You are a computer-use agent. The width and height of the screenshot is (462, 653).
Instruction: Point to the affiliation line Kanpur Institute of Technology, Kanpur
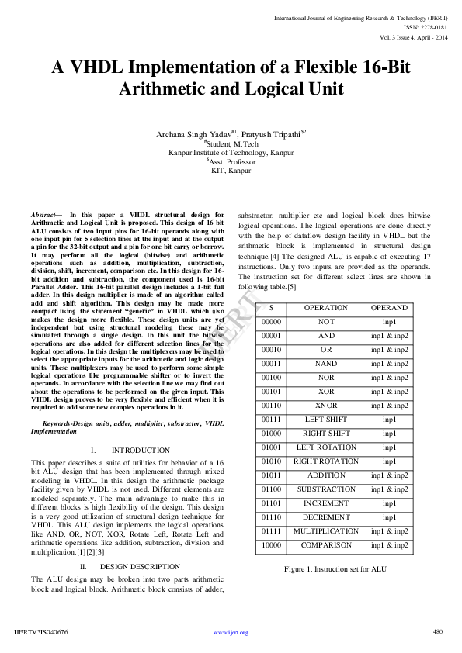point(231,153)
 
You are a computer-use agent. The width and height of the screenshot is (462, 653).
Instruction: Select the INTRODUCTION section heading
point(140,451)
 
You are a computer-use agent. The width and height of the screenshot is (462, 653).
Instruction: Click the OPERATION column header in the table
point(325,308)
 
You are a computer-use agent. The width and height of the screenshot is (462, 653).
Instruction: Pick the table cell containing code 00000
point(271,322)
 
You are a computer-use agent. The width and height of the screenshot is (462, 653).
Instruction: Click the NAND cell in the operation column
point(325,364)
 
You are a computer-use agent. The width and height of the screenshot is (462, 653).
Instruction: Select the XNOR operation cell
point(325,406)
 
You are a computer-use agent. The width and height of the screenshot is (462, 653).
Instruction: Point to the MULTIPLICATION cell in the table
point(325,531)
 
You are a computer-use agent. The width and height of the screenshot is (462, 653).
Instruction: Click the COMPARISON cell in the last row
point(325,545)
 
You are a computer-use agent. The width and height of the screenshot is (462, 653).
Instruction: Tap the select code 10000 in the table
point(271,545)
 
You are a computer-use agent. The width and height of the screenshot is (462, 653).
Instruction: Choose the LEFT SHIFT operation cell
point(325,420)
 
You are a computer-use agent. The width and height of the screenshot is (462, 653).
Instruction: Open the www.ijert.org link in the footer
point(231,633)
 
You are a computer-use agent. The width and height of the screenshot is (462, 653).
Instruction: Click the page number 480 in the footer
point(437,631)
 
